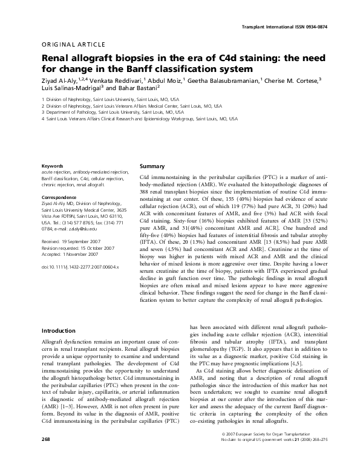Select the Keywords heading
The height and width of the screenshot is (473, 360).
coord(52,166)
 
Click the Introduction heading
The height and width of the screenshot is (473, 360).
coord(58,331)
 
